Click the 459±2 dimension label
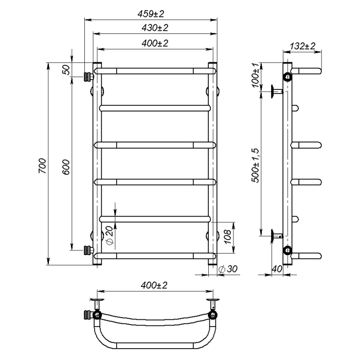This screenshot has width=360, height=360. pyautogui.click(x=151, y=14)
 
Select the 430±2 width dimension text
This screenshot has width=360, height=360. pyautogui.click(x=155, y=28)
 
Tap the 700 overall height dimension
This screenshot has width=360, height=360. pyautogui.click(x=42, y=166)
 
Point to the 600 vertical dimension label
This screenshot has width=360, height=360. pyautogui.click(x=66, y=167)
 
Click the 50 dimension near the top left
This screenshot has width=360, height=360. pyautogui.click(x=66, y=69)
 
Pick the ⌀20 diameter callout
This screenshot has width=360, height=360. pyautogui.click(x=110, y=236)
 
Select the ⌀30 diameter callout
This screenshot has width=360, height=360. pyautogui.click(x=228, y=269)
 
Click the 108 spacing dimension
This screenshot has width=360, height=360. pyautogui.click(x=227, y=237)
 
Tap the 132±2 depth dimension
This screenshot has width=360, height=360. pyautogui.click(x=302, y=46)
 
